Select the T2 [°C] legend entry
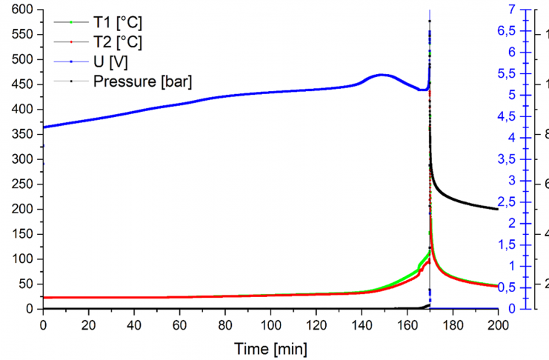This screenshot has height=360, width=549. coord(118,41)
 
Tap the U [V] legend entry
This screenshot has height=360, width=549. coord(110,61)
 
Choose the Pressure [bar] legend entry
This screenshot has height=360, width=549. coord(142,81)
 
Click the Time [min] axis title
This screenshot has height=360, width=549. coord(270,347)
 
